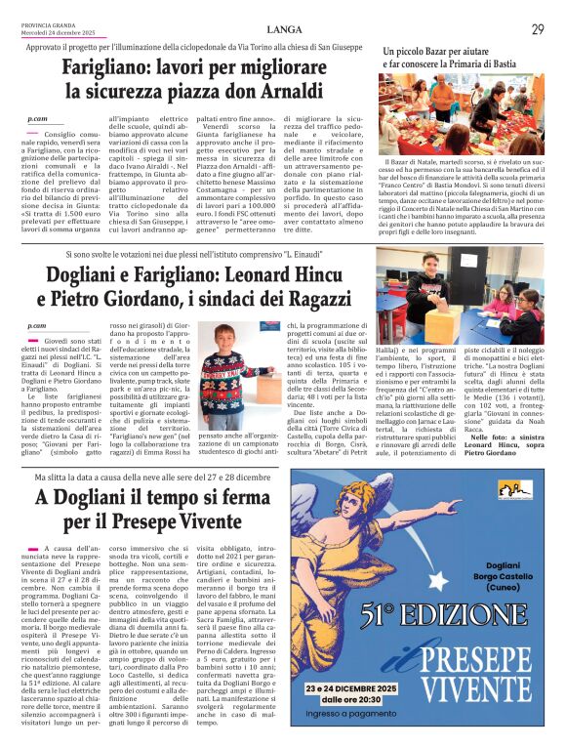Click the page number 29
538,30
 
